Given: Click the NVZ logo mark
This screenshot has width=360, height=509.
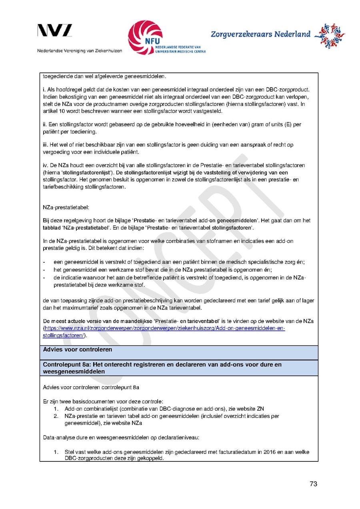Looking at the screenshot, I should click(x=55, y=31).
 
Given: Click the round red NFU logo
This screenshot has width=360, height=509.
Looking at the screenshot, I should click(x=145, y=37).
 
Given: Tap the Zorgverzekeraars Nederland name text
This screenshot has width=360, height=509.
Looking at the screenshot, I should click(x=260, y=34).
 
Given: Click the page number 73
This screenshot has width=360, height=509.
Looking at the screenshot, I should click(x=313, y=484).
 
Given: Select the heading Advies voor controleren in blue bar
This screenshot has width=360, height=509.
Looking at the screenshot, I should click(x=78, y=349).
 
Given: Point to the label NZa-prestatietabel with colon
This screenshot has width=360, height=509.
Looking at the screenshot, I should click(x=66, y=208).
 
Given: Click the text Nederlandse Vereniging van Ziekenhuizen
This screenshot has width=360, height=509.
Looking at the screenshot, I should click(x=80, y=51).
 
